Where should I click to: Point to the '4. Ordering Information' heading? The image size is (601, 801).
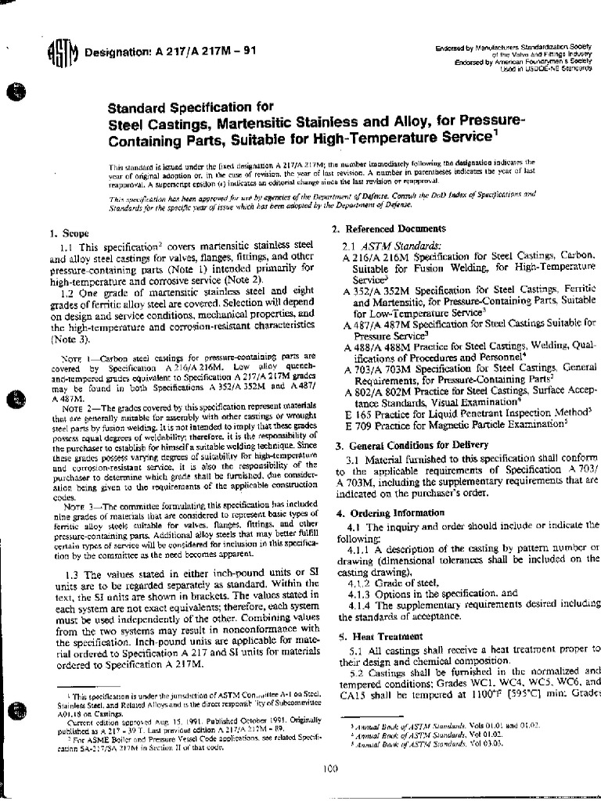(384, 512)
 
